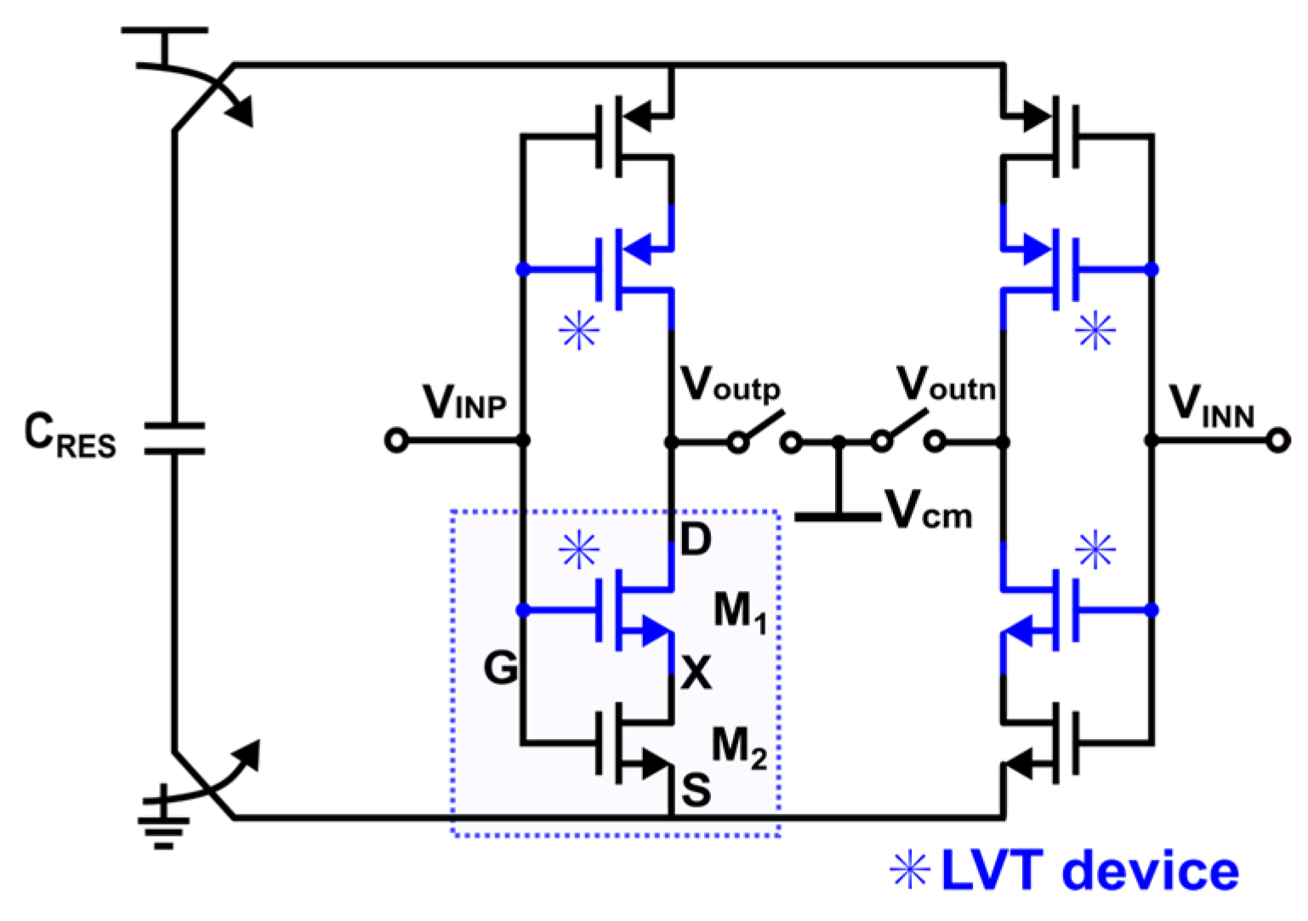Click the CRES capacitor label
(70, 435)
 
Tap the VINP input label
(464, 402)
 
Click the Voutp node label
(730, 384)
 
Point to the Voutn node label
(946, 384)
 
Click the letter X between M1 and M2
(697, 674)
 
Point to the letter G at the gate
(501, 668)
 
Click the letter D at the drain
(696, 539)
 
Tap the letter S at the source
(696, 791)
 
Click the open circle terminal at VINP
(396, 441)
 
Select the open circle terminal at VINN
(1277, 441)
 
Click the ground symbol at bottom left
(163, 821)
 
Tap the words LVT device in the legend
(1089, 871)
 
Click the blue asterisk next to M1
(579, 551)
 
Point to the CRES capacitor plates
(174, 438)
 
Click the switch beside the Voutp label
(765, 432)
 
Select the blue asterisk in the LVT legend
(909, 871)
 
